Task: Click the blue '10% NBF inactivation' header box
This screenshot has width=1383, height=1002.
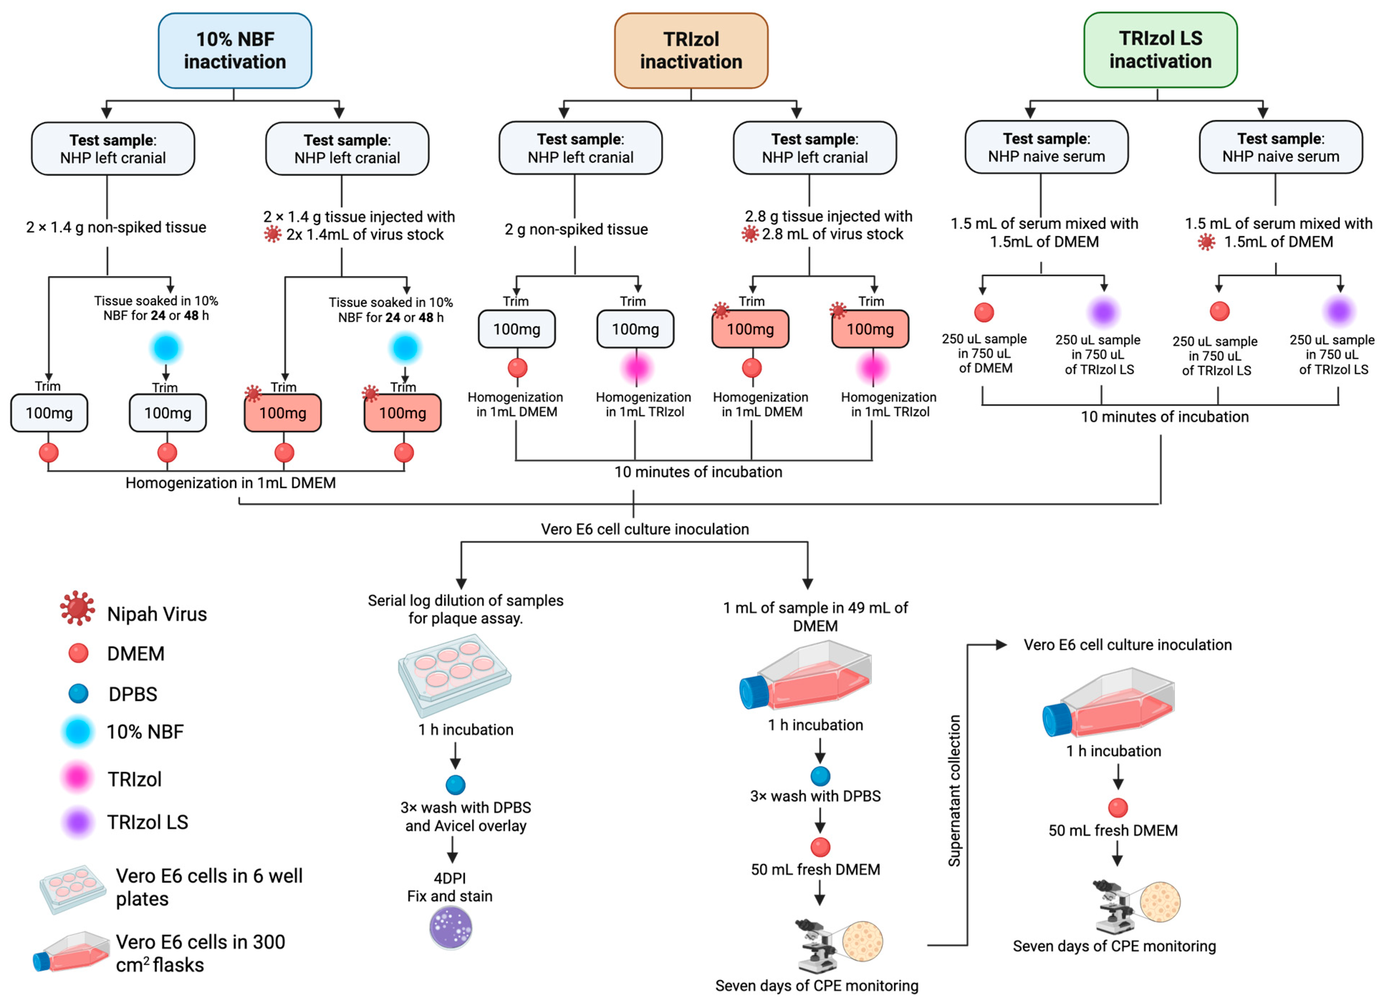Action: pyautogui.click(x=235, y=50)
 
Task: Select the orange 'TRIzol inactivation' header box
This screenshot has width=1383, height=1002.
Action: pyautogui.click(x=690, y=50)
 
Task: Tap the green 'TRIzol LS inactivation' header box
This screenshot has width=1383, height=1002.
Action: pyautogui.click(x=1160, y=50)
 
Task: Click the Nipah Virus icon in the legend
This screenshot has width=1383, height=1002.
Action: pyautogui.click(x=77, y=608)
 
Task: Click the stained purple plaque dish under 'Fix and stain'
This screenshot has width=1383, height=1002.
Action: pyautogui.click(x=450, y=928)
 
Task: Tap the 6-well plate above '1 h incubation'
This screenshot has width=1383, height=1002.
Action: pyautogui.click(x=454, y=674)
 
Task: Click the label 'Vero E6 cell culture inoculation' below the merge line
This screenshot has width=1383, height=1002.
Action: pyautogui.click(x=645, y=529)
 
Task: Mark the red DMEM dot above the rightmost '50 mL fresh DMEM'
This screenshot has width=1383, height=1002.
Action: pyautogui.click(x=1117, y=808)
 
